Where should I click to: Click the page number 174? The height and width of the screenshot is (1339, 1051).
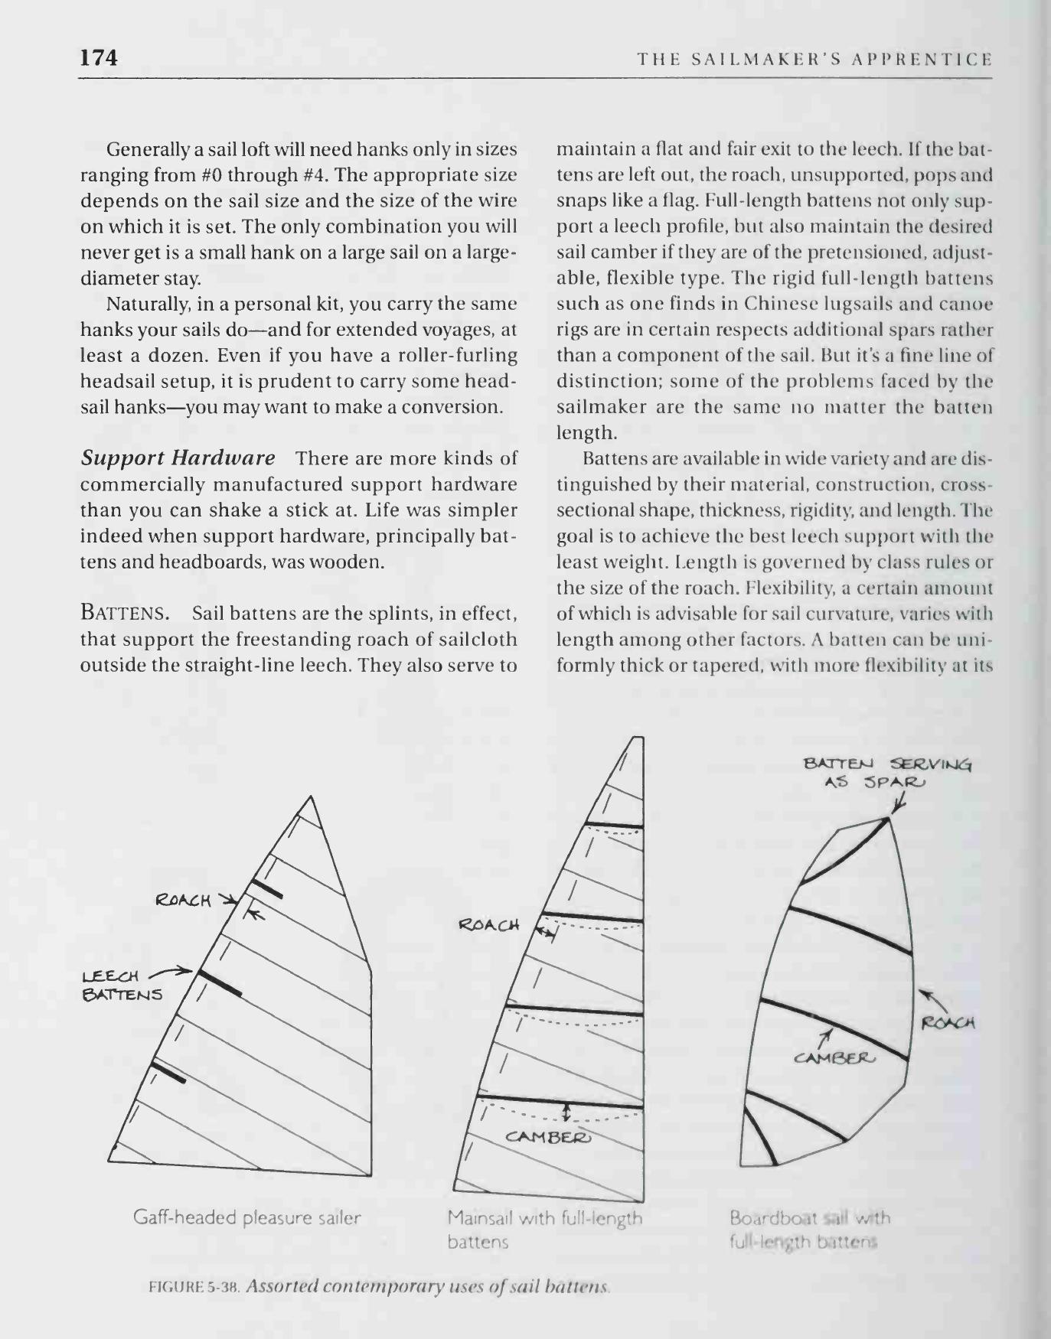(x=99, y=57)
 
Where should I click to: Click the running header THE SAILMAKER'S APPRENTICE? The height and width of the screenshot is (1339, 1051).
(x=814, y=59)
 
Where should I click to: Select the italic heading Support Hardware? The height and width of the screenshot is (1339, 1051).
(x=178, y=458)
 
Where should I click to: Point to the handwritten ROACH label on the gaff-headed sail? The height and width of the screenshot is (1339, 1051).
(x=183, y=900)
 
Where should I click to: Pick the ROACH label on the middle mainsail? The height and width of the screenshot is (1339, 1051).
(x=488, y=925)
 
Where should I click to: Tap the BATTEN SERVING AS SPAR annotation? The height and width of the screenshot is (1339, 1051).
(x=886, y=773)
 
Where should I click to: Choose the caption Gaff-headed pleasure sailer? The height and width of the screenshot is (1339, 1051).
(x=246, y=1217)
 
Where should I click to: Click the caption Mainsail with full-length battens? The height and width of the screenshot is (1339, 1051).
(x=544, y=1229)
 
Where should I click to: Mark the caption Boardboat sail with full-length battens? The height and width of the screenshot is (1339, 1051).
(x=810, y=1229)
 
